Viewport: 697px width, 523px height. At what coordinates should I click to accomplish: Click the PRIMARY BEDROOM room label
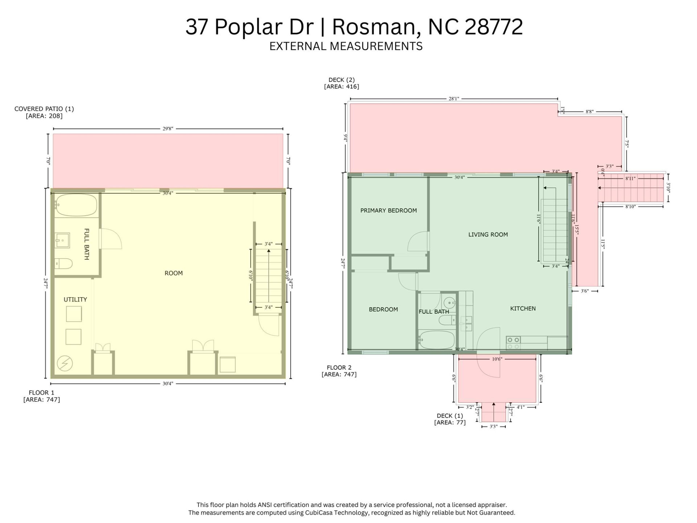pos(388,211)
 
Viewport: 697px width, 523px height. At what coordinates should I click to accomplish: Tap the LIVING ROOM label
pos(488,235)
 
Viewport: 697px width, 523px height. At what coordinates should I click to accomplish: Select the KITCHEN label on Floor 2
pos(523,308)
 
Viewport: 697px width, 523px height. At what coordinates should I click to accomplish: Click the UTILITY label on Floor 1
pos(75,300)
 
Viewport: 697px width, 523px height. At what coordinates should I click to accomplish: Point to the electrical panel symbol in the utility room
pos(65,363)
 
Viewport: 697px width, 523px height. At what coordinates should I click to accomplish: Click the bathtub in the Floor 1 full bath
pos(76,206)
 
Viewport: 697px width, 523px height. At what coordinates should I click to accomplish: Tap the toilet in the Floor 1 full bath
pos(64,263)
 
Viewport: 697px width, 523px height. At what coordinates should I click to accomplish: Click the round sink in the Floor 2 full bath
pos(449,302)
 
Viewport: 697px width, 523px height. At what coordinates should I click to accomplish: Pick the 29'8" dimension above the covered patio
pos(168,129)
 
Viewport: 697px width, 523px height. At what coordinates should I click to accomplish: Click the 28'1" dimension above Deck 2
pos(454,99)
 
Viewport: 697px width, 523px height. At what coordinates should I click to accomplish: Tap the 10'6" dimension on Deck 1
pos(497,359)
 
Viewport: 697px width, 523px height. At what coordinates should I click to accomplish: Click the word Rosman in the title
pos(376,27)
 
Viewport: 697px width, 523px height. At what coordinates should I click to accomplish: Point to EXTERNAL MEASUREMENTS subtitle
pos(346,46)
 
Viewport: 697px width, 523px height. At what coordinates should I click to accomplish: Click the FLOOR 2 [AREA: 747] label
pos(339,371)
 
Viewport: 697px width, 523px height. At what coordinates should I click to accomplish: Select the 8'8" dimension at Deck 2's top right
pos(590,112)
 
